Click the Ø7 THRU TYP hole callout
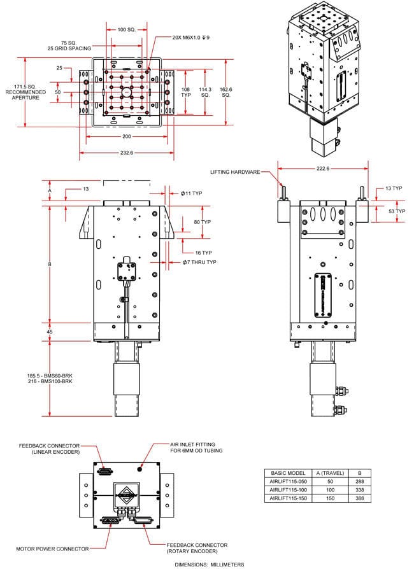[199, 262]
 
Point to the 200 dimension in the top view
[126, 136]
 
